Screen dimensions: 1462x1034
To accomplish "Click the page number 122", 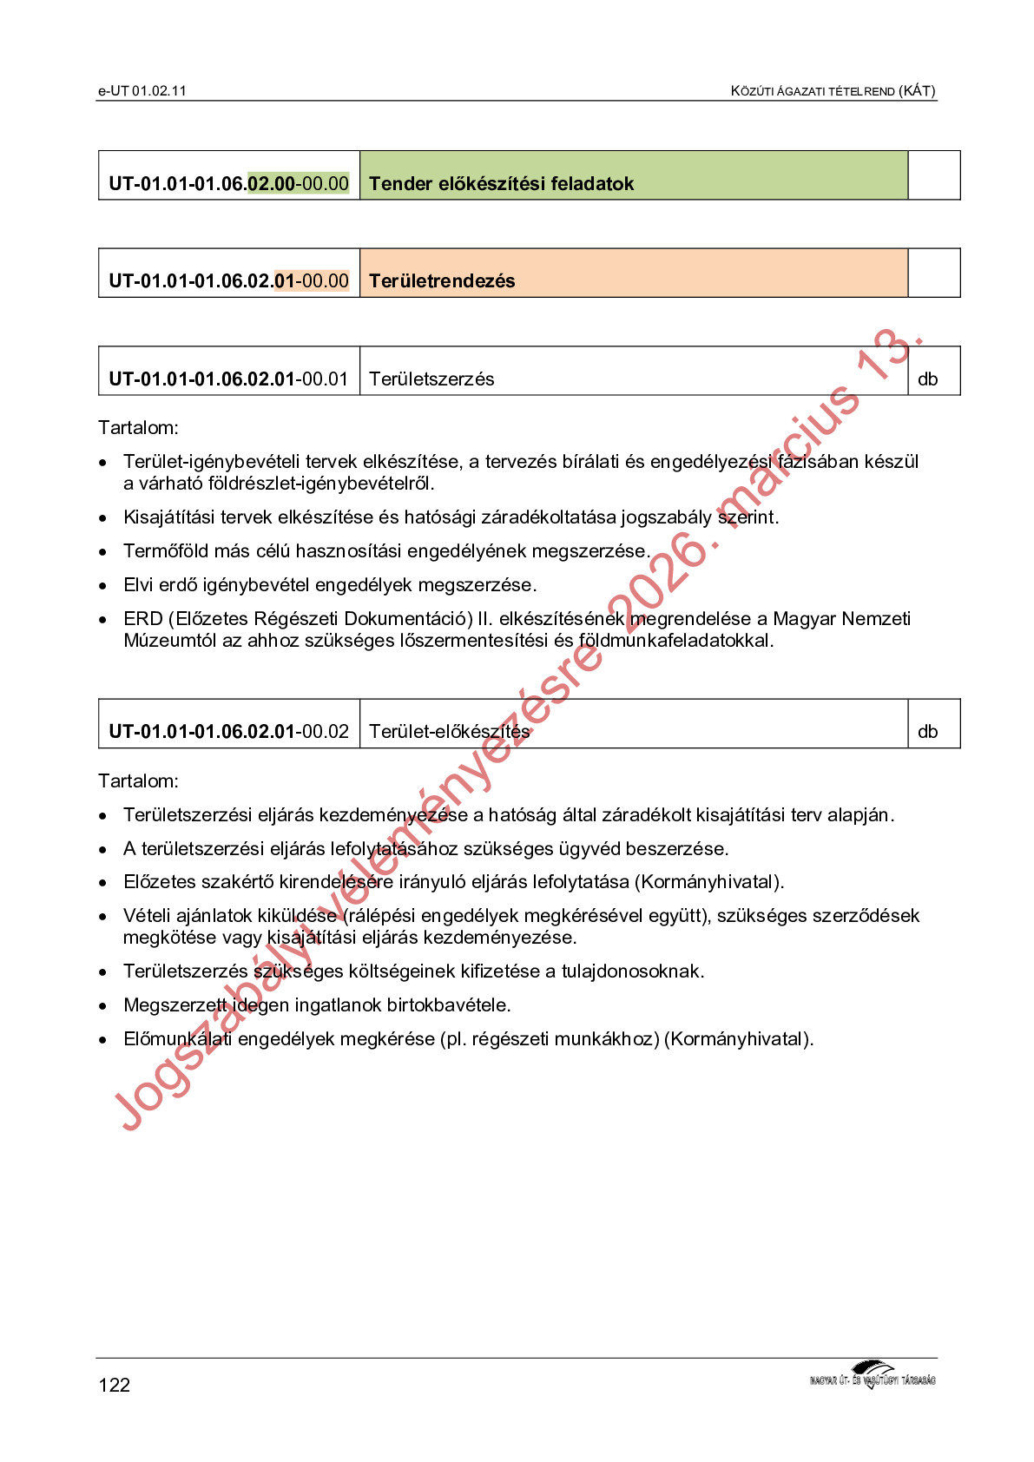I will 114,1385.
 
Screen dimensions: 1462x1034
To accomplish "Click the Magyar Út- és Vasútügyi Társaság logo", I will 872,1376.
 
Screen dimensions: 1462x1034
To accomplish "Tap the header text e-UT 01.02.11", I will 142,91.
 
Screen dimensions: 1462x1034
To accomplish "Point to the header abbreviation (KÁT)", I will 917,91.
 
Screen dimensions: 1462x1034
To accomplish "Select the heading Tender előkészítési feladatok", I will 501,184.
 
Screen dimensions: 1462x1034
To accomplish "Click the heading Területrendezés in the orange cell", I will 442,281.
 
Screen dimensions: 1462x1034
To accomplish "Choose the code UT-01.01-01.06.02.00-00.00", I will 228,184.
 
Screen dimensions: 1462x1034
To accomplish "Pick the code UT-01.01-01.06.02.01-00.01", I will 228,379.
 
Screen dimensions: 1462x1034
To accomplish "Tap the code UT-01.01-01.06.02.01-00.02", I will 228,732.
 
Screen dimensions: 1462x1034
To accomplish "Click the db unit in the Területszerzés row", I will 927,379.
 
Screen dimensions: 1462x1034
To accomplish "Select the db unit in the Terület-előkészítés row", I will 927,732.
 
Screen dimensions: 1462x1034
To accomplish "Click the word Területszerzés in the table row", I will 431,379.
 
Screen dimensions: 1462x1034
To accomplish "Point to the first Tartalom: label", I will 138,428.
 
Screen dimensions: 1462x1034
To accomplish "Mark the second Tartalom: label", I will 138,781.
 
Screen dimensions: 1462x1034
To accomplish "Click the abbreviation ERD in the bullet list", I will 143,619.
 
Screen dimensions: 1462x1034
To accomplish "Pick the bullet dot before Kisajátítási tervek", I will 103,518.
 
